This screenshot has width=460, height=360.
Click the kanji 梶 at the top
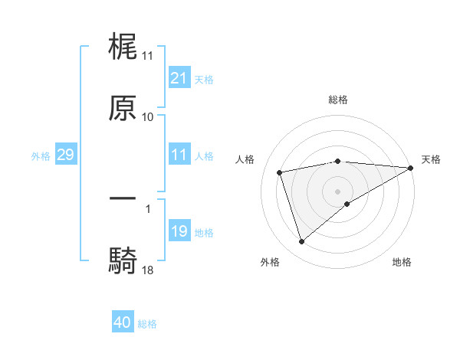[123, 47]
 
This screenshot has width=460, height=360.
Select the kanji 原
[123, 108]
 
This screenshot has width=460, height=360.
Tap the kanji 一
[123, 198]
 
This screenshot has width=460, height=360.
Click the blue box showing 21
[179, 78]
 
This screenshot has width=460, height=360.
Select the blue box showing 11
[179, 155]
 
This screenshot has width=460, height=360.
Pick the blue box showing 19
[179, 231]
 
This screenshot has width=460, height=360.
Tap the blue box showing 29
[65, 155]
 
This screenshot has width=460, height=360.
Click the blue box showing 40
[123, 322]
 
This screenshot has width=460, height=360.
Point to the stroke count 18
[148, 269]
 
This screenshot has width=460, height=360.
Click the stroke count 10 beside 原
[148, 116]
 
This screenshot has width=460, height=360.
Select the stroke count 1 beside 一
[148, 208]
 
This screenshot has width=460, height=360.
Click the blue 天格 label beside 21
[204, 79]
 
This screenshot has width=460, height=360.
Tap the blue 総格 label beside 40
[147, 323]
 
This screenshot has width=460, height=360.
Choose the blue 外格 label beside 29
[41, 155]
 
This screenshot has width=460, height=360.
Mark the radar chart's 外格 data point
[301, 242]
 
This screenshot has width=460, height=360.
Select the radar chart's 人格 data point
[280, 172]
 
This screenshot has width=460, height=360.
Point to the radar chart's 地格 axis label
[402, 262]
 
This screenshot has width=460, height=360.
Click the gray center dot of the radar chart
[337, 191]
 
